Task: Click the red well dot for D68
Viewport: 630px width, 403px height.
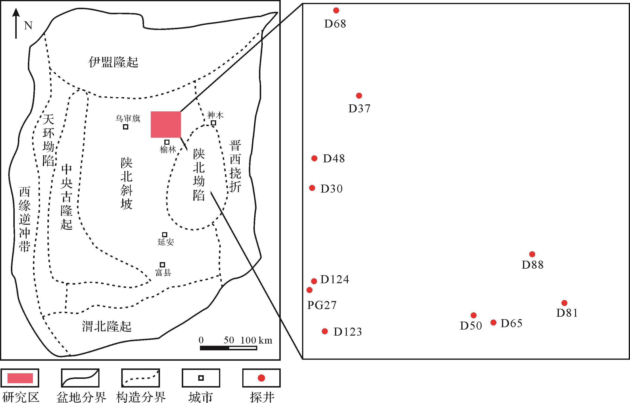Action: click(x=336, y=10)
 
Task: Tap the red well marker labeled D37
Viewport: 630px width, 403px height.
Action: click(x=359, y=96)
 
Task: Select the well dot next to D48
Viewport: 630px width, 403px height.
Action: click(x=314, y=158)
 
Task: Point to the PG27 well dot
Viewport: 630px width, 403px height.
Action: click(x=310, y=290)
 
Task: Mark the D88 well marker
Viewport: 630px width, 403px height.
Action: click(x=532, y=254)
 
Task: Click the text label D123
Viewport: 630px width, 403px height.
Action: click(x=348, y=332)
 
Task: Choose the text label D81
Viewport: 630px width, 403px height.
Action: click(x=567, y=313)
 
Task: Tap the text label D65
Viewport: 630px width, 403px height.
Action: click(x=511, y=324)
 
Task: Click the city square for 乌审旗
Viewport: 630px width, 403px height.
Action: click(x=126, y=127)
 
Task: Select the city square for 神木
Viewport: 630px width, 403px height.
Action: click(x=213, y=123)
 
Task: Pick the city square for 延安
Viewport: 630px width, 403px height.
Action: click(x=165, y=234)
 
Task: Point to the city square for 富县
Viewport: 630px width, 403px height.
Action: click(x=162, y=265)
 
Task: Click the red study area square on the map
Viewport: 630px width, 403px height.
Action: click(x=166, y=125)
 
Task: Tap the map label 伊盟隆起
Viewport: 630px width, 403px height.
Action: click(x=113, y=62)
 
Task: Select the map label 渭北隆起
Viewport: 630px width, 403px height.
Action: click(x=107, y=327)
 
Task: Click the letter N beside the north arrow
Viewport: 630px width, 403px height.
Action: click(x=28, y=26)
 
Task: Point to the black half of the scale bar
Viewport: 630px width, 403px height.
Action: click(x=215, y=348)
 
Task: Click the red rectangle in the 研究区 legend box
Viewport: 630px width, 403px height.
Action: click(x=20, y=378)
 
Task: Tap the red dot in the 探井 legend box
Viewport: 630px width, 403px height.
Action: click(x=261, y=378)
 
